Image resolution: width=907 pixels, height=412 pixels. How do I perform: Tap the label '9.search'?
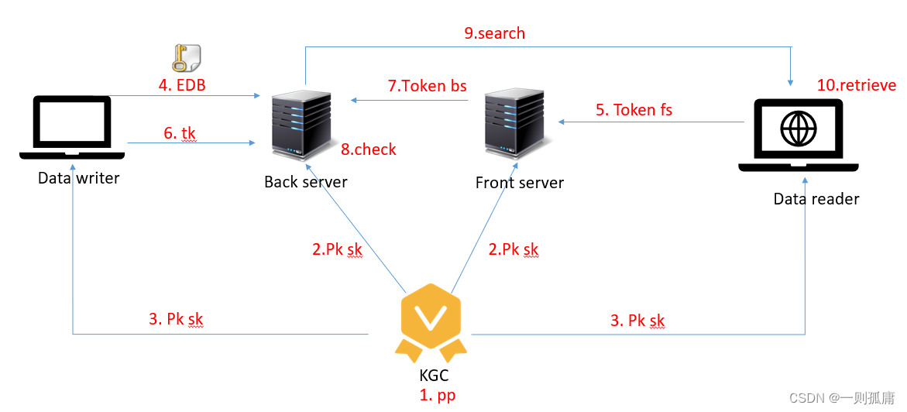(x=494, y=33)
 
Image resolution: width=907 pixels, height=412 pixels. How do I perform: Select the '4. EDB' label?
(x=182, y=85)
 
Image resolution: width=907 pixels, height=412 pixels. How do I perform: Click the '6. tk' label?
(x=180, y=133)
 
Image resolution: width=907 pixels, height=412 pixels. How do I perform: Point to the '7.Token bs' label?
(x=428, y=86)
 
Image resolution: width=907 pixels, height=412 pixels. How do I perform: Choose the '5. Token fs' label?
(x=634, y=110)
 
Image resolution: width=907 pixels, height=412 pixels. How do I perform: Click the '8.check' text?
(x=369, y=149)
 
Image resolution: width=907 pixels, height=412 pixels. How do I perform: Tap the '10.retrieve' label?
(x=857, y=85)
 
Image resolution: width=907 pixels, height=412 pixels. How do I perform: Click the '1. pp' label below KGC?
(x=438, y=395)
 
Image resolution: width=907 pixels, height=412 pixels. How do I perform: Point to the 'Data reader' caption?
(x=816, y=199)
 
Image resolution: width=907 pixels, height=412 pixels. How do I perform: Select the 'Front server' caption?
(x=520, y=183)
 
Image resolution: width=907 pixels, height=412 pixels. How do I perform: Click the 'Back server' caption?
(x=306, y=182)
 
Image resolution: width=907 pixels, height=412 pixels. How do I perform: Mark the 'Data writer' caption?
(x=79, y=178)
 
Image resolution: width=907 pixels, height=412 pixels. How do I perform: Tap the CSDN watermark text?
(x=842, y=397)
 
